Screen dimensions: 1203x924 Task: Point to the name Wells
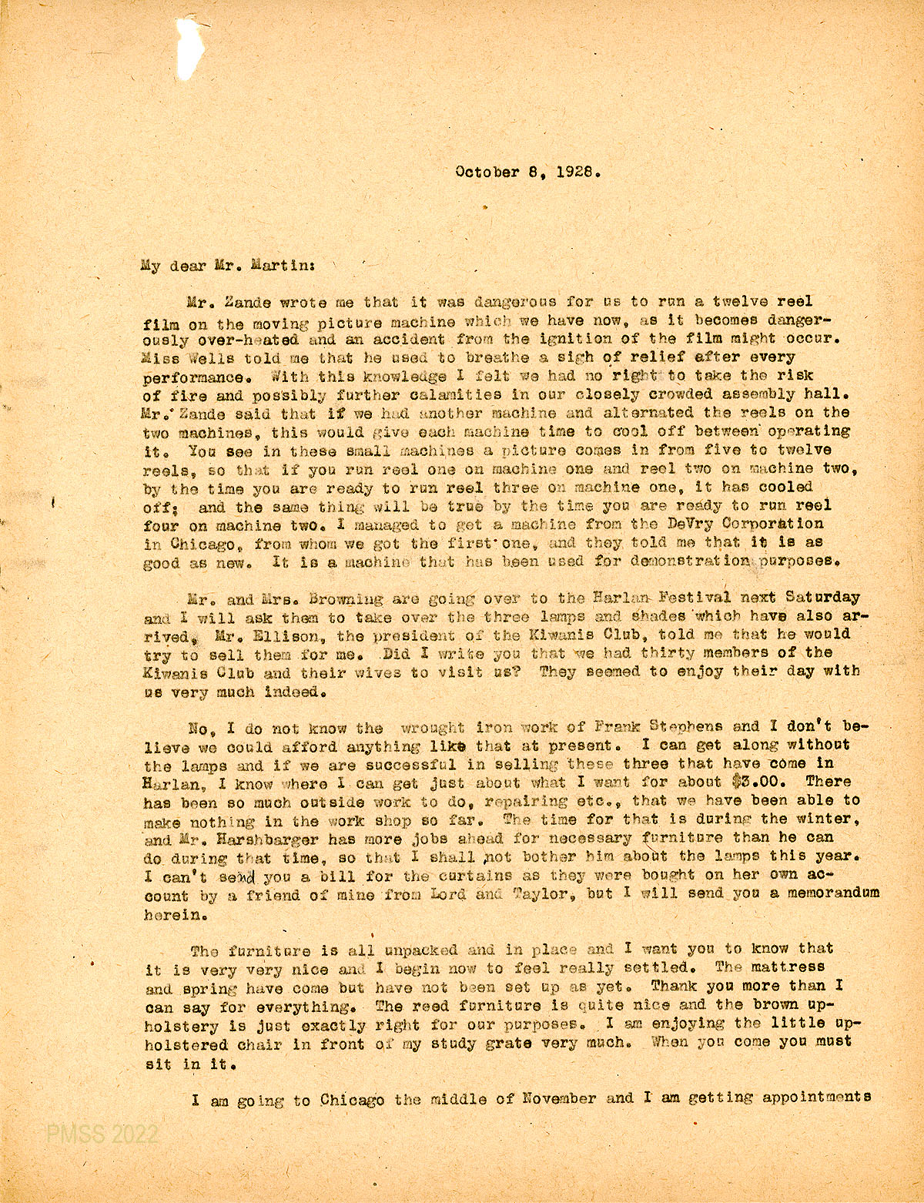pos(208,357)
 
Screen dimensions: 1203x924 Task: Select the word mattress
pos(785,967)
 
